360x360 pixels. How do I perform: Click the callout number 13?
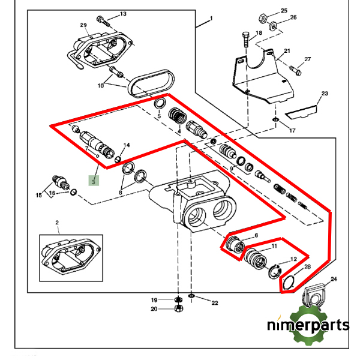pyautogui.click(x=123, y=14)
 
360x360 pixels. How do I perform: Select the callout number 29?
pyautogui.click(x=83, y=25)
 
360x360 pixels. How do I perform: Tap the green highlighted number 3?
pyautogui.click(x=94, y=179)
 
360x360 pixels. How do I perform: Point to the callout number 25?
pyautogui.click(x=284, y=11)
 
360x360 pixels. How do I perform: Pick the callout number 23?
pyautogui.click(x=325, y=94)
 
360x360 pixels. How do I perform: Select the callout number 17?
pyautogui.click(x=292, y=130)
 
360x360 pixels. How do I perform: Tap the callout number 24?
pyautogui.click(x=334, y=279)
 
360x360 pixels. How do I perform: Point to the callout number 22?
pyautogui.click(x=214, y=303)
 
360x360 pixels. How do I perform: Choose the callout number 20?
pyautogui.click(x=154, y=309)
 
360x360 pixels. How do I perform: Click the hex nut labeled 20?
pyautogui.click(x=178, y=309)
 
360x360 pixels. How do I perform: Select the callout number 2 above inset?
pyautogui.click(x=58, y=223)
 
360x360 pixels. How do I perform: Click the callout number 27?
pyautogui.click(x=307, y=59)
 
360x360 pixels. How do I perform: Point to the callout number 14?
pyautogui.click(x=127, y=145)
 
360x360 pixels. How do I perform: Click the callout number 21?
pyautogui.click(x=287, y=51)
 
